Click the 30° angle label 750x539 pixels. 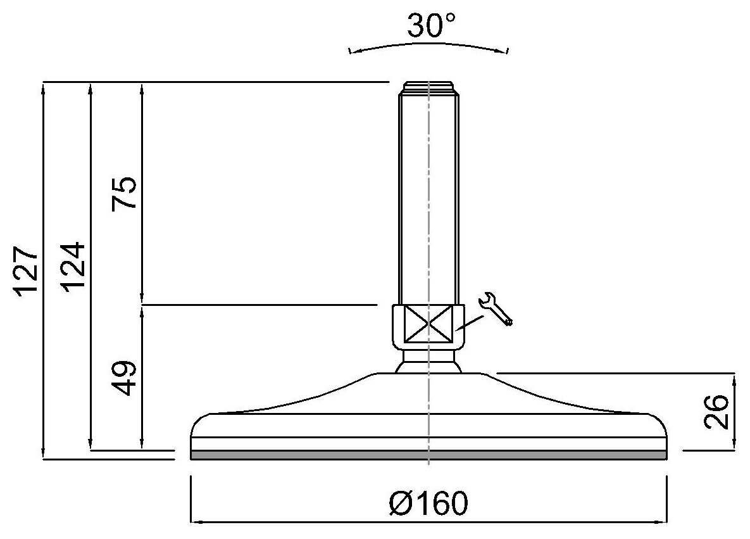(432, 25)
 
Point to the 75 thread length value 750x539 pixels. (124, 193)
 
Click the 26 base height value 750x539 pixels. (716, 412)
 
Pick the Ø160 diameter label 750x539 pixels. (428, 503)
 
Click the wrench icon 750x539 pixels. (496, 308)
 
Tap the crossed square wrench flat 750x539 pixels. (428, 324)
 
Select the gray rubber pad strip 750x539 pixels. (428, 455)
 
